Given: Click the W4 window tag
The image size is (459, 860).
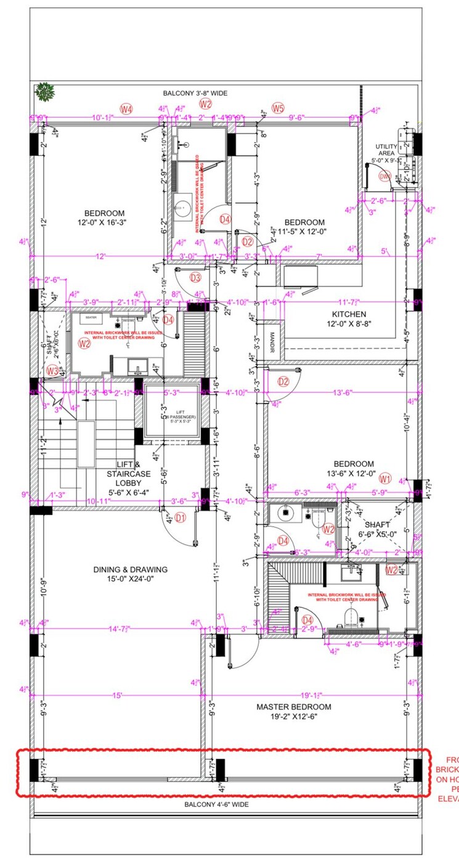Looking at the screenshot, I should pos(126,110).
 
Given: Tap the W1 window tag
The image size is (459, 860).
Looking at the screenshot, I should pos(386,478).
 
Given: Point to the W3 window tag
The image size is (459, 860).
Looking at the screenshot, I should pos(53,371).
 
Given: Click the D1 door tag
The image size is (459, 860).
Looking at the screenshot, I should pos(180,518).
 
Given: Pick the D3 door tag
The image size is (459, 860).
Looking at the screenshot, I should pos(196,278).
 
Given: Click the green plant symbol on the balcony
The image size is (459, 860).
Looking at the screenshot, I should pos(45,92).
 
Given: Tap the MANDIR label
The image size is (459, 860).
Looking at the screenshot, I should pos(271,343).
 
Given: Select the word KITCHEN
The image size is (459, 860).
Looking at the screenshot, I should pos(349,314).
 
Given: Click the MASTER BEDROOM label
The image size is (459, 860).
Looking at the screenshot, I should pos(294,707).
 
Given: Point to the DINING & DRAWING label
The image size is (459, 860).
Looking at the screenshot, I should pos(130,569).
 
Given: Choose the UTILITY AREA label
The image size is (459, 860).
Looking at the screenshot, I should pos(386,150).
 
